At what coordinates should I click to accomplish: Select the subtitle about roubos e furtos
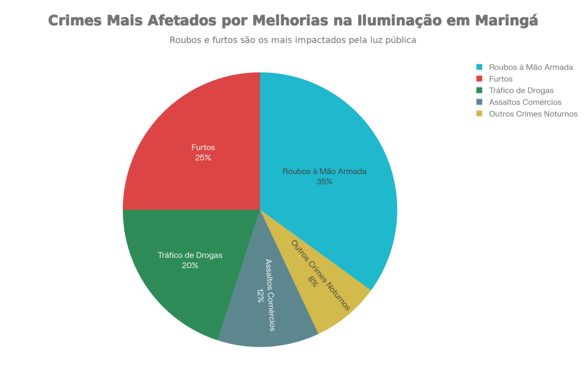point(292,41)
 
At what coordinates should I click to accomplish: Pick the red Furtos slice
point(189,126)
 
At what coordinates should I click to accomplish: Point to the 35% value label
point(324,181)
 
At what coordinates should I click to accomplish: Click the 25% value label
point(203,157)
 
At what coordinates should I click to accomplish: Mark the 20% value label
point(190,266)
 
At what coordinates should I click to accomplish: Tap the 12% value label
point(260,295)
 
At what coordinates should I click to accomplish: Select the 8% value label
point(313,280)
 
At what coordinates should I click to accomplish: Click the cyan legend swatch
point(480,67)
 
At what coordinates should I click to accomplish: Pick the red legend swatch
point(480,78)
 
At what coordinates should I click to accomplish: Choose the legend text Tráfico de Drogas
point(521,90)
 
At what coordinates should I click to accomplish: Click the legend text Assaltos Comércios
point(525,102)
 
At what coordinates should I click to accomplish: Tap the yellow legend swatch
point(480,114)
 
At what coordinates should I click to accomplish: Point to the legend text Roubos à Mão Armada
point(530,67)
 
